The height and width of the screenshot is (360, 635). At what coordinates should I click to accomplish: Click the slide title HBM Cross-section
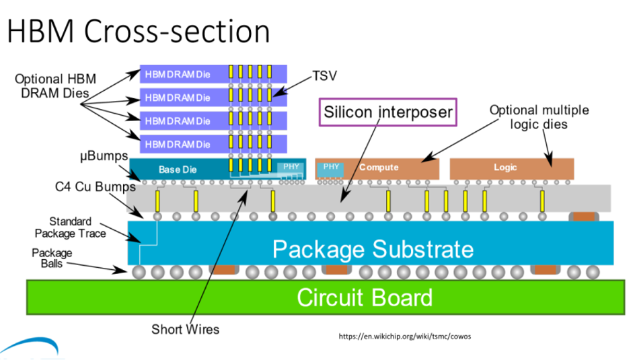pyautogui.click(x=139, y=31)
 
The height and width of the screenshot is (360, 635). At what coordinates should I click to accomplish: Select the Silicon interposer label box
pyautogui.click(x=388, y=112)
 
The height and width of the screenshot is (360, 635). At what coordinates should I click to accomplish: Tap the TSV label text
pyautogui.click(x=324, y=76)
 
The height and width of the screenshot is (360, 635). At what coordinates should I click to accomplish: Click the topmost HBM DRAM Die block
pyautogui.click(x=213, y=74)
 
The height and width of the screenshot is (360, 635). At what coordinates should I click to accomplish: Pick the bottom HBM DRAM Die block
pyautogui.click(x=213, y=144)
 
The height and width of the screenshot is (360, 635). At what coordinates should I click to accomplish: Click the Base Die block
pyautogui.click(x=218, y=170)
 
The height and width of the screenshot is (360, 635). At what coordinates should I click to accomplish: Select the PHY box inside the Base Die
pyautogui.click(x=291, y=166)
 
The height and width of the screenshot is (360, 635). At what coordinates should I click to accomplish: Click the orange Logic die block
pyautogui.click(x=512, y=169)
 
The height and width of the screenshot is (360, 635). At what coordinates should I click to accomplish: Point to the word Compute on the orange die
pyautogui.click(x=379, y=168)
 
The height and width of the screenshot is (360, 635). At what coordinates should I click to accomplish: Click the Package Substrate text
pyautogui.click(x=373, y=249)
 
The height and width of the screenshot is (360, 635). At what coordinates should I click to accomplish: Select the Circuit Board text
pyautogui.click(x=365, y=297)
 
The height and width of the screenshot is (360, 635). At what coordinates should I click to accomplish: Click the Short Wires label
pyautogui.click(x=185, y=329)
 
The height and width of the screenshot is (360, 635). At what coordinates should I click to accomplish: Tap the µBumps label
pyautogui.click(x=104, y=156)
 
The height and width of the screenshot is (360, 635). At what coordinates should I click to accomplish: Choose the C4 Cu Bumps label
pyautogui.click(x=95, y=186)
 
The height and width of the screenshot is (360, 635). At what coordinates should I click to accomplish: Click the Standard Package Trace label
pyautogui.click(x=70, y=227)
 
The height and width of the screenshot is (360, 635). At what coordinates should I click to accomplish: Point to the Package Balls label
pyautogui.click(x=52, y=258)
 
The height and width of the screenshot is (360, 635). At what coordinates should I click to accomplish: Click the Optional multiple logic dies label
pyautogui.click(x=539, y=117)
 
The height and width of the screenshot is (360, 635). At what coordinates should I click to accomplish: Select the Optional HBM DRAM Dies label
pyautogui.click(x=55, y=86)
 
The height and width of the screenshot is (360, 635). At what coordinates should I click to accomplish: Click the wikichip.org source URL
pyautogui.click(x=404, y=336)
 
